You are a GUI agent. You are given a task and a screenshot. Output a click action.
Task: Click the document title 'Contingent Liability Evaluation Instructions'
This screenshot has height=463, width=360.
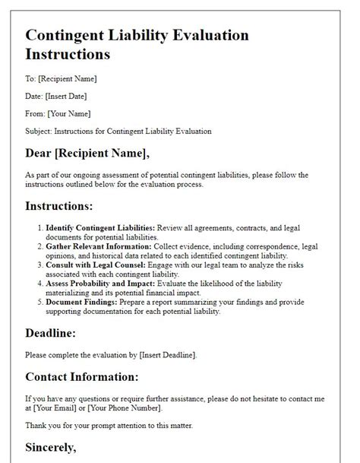(137, 45)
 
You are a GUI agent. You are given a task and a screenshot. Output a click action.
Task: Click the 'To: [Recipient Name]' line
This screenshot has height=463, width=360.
(61, 78)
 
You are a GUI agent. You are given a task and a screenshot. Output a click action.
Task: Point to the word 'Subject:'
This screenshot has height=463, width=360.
(39, 131)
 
